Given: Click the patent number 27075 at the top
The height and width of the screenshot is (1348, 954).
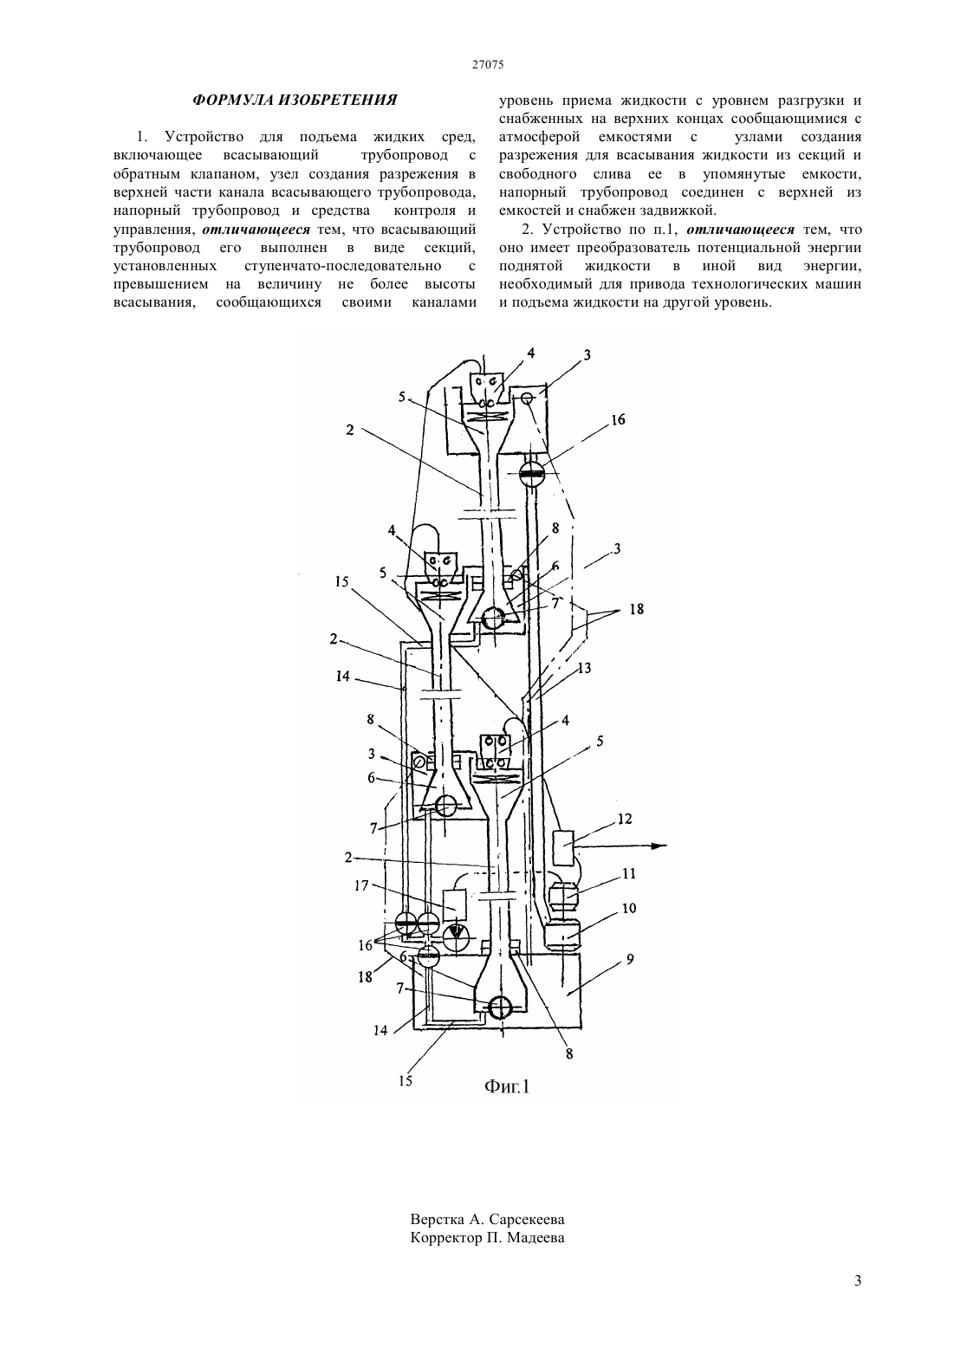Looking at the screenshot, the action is point(488,65).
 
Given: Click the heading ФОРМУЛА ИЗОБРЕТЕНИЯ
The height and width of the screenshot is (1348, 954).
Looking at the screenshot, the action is point(295,100).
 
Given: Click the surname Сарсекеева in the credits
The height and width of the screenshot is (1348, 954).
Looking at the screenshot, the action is point(527,1220).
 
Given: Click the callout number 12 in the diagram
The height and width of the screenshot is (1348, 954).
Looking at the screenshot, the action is point(625,819).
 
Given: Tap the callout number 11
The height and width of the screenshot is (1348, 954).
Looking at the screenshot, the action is point(629,873).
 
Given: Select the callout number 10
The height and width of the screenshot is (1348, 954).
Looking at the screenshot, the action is point(629,908).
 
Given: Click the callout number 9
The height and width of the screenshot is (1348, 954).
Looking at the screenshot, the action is point(630,959).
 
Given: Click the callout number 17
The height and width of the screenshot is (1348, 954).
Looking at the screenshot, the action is point(361,886).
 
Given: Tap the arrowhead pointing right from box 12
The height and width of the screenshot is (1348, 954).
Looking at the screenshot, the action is point(661,846).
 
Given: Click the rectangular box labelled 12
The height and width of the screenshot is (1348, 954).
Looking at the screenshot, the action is point(564,847).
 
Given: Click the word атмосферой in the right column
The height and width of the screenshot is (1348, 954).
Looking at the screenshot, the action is point(540,137).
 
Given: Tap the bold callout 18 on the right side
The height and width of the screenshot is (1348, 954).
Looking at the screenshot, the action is point(636,609).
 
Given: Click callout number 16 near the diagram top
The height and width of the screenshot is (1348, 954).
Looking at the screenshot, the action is point(618,420).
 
